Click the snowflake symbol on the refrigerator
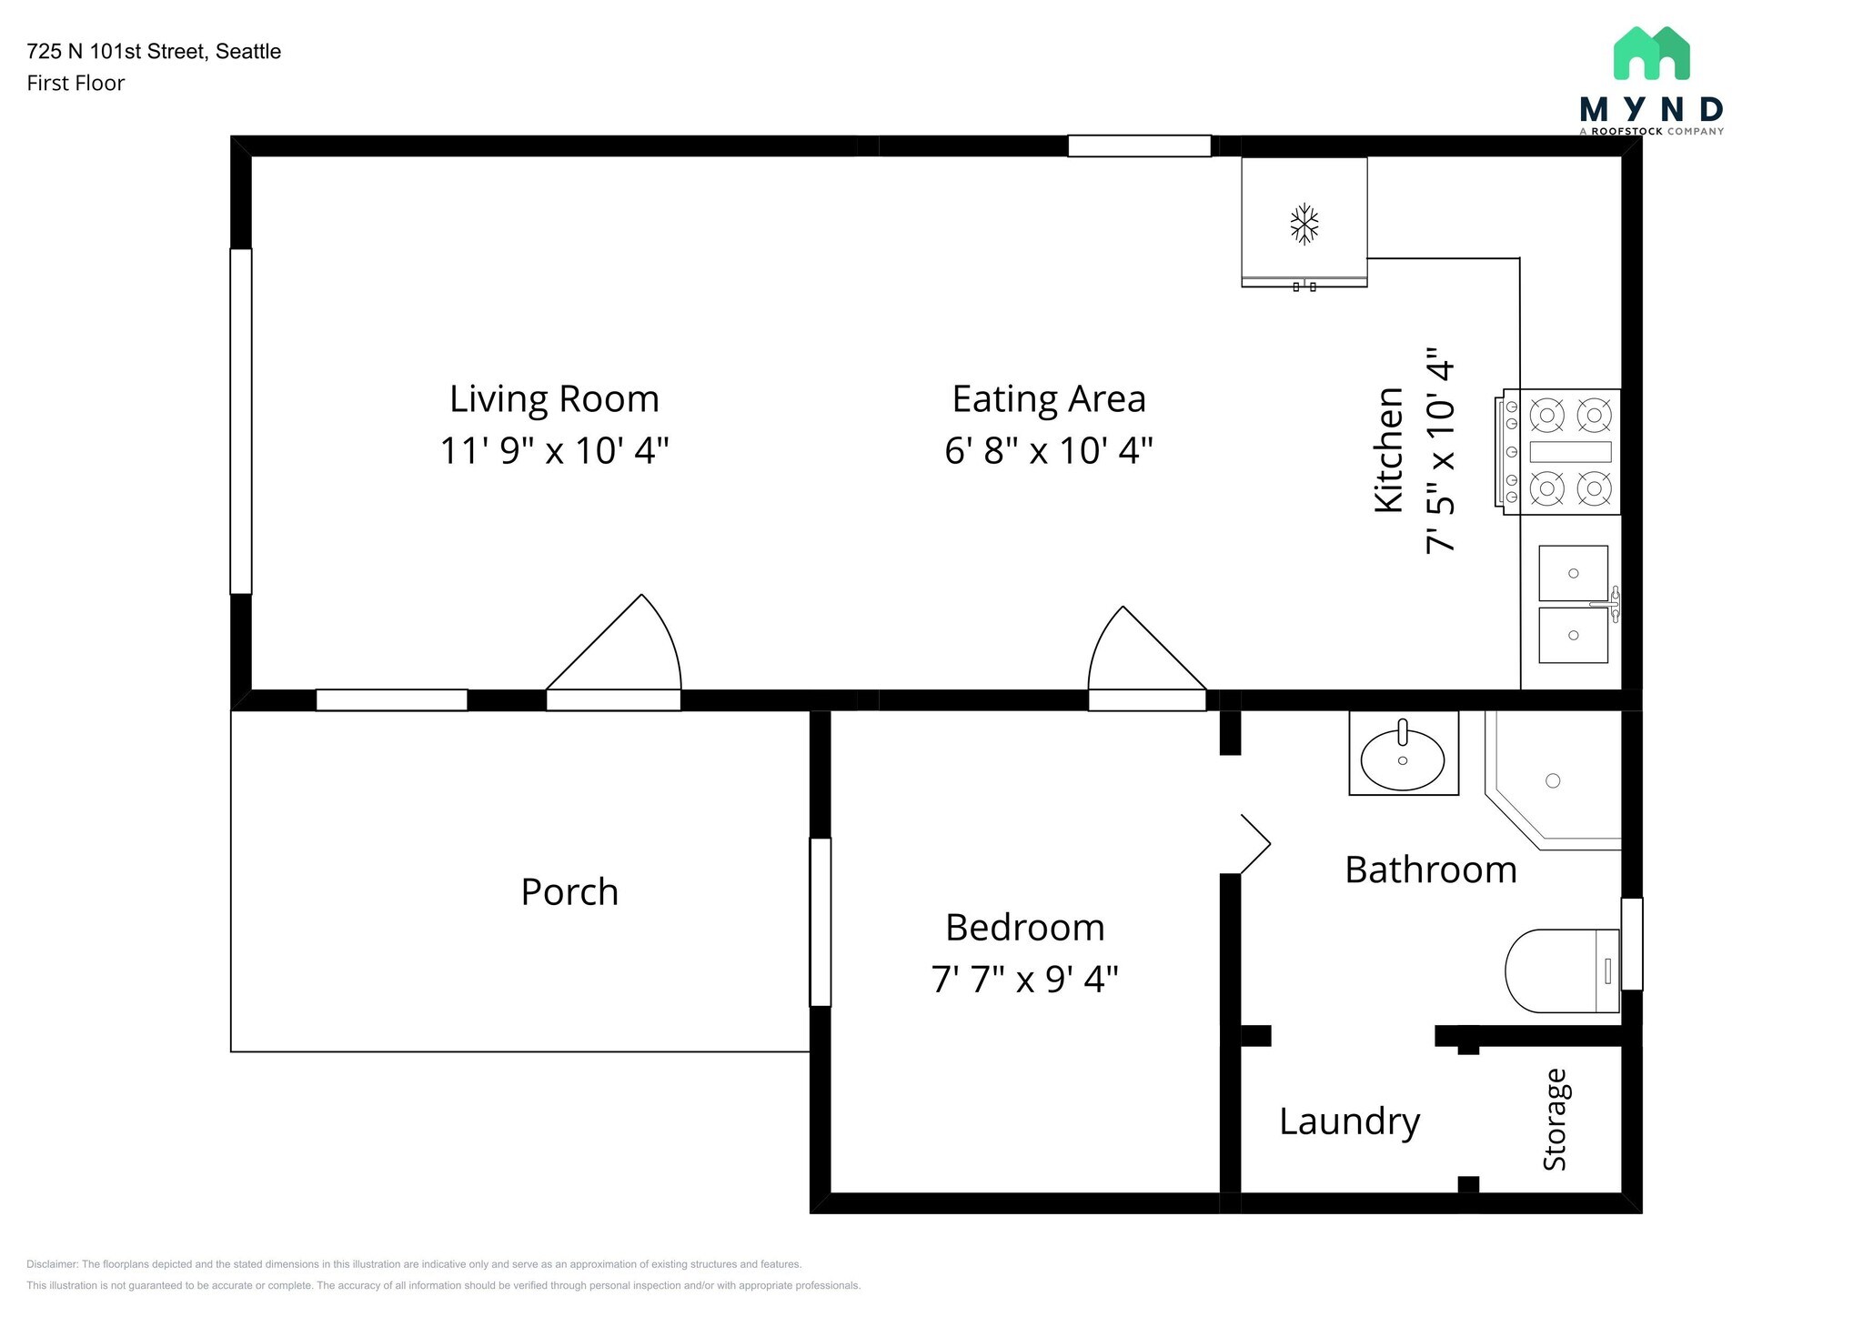click(1304, 225)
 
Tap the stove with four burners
click(1556, 452)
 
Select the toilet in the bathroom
click(1563, 970)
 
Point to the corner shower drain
click(1553, 780)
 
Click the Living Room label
click(554, 398)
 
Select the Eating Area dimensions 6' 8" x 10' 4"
click(1049, 450)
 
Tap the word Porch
click(569, 892)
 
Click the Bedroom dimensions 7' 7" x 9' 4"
click(1024, 980)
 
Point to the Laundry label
click(1349, 1122)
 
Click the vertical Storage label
click(1555, 1120)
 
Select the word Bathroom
click(1431, 870)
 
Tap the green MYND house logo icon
click(1651, 53)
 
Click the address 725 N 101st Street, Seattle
click(154, 52)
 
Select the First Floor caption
click(76, 84)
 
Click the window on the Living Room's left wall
click(241, 421)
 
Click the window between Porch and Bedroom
click(821, 922)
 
